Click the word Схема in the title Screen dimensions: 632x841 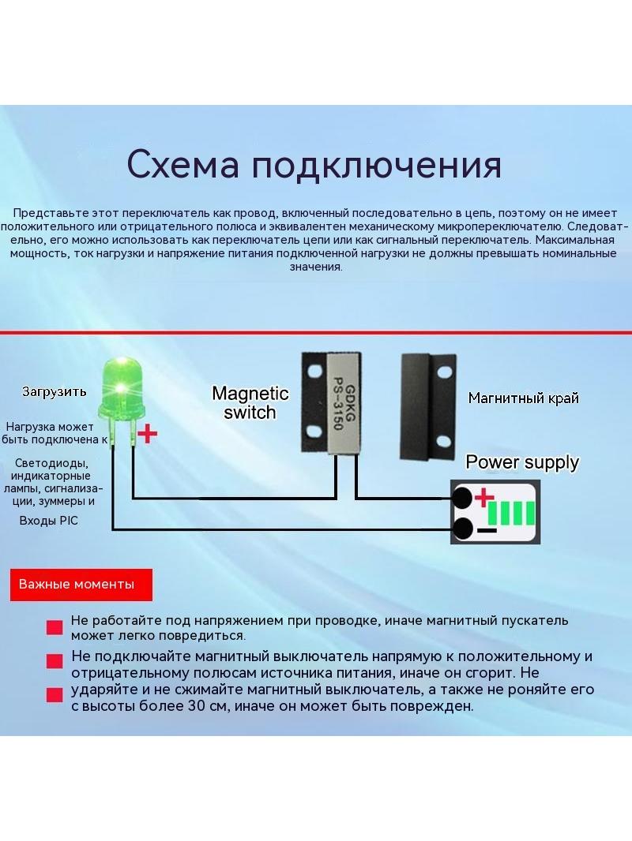(x=182, y=164)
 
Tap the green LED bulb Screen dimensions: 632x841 (x=122, y=389)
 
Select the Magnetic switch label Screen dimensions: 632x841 (x=250, y=402)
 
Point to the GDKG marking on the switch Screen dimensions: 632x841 (x=349, y=403)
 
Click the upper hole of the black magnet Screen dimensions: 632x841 (x=443, y=372)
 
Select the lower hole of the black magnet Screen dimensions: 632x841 (x=443, y=442)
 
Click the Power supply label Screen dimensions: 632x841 (x=522, y=462)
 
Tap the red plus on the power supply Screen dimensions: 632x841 (x=483, y=498)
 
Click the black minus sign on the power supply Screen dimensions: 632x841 (x=487, y=530)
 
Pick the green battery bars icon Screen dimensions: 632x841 (x=511, y=514)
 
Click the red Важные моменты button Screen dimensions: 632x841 (x=81, y=585)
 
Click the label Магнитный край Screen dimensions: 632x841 (x=524, y=398)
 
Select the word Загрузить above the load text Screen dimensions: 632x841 (x=55, y=391)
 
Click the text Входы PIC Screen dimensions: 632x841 (x=48, y=520)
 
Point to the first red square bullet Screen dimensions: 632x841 (x=55, y=628)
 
